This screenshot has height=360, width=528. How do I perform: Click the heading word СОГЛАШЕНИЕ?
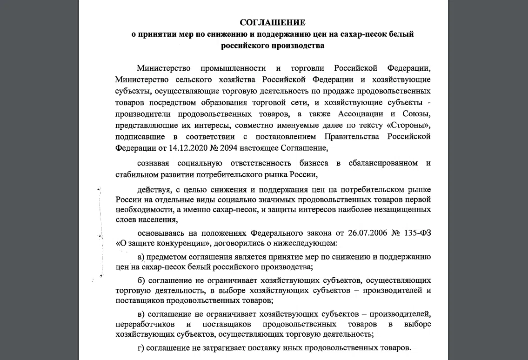click(x=273, y=22)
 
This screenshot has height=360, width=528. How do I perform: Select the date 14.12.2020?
click(x=175, y=148)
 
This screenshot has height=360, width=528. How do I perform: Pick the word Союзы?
click(x=417, y=113)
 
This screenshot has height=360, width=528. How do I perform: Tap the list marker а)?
click(x=142, y=256)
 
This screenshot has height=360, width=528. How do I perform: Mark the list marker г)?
click(x=141, y=347)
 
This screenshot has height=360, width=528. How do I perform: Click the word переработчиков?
click(x=146, y=324)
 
